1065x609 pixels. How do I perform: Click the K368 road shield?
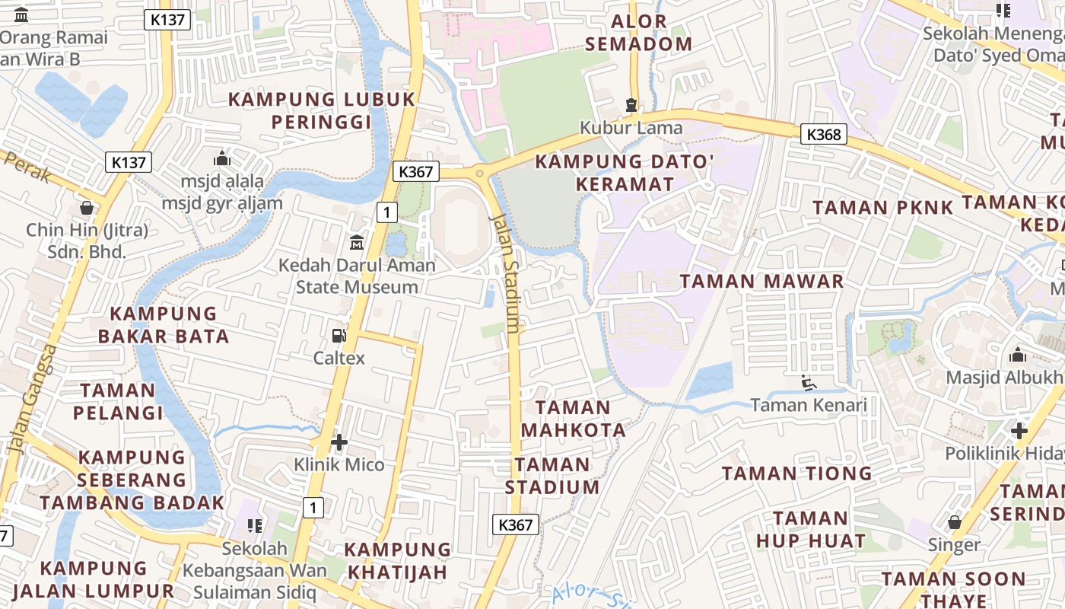824,135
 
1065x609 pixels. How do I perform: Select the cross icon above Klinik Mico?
339,442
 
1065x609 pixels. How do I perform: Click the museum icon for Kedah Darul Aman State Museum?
356,243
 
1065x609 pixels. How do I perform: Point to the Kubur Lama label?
631,127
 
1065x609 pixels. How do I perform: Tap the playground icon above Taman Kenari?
809,383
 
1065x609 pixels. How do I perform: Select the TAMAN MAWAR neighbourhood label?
761,281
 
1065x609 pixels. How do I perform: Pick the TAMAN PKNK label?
882,208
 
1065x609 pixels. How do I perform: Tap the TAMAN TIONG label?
796,473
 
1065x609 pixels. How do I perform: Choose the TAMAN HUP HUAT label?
810,530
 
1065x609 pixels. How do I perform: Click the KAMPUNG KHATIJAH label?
398,560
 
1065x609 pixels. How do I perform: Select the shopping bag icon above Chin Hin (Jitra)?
87,208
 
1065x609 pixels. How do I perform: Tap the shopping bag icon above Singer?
954,522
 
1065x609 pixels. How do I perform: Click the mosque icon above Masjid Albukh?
1017,355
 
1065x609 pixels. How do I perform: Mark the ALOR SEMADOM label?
639,33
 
